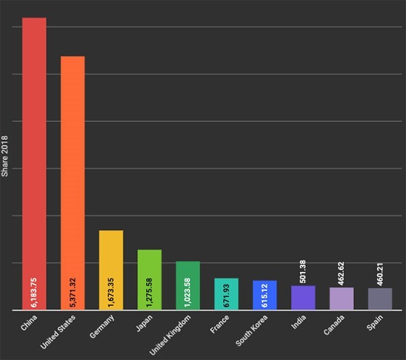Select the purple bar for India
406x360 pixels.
pos(303,298)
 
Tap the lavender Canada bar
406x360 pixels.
pos(341,299)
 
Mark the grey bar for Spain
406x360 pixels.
pos(380,299)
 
